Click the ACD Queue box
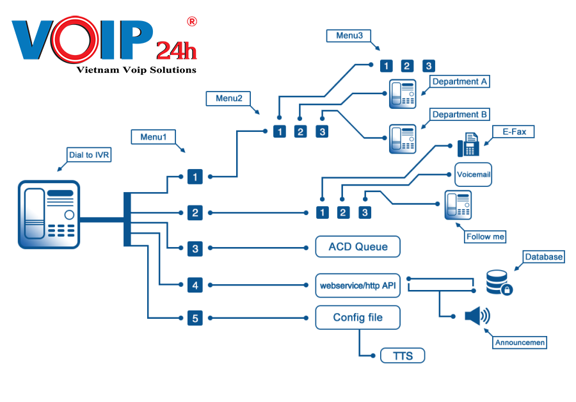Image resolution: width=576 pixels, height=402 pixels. coord(358,247)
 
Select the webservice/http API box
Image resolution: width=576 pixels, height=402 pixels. coord(358,285)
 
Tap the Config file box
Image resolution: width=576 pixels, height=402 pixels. coord(358,318)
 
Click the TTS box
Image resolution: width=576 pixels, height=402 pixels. coord(402,356)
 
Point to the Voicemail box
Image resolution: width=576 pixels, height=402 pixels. coord(474,174)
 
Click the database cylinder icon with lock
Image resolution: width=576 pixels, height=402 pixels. coord(499,282)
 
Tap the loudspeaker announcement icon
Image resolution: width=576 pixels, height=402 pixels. coord(477,316)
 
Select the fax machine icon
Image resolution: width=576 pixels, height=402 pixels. coord(469,145)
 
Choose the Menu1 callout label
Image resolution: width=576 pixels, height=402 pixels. coord(153,137)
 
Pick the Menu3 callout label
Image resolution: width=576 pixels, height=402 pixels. coord(349,36)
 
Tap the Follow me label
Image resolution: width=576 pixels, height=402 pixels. coord(486,236)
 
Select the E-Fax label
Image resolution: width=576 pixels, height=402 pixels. coord(513,132)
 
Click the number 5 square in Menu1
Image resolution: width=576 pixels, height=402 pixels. coord(195,318)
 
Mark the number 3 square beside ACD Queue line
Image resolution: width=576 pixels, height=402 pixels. coord(195,248)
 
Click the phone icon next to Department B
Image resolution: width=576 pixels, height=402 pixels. coord(403,138)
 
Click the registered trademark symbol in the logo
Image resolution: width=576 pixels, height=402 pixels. coord(191,22)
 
